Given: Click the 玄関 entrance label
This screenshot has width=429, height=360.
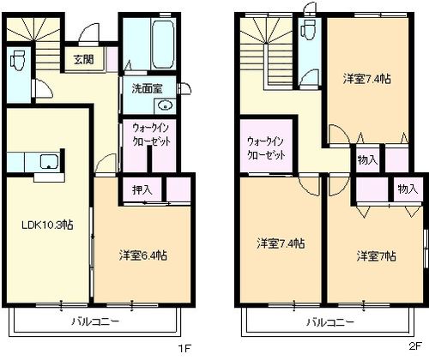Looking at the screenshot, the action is (x=83, y=60).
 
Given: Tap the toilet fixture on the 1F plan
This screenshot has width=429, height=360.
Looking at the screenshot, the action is (x=18, y=60).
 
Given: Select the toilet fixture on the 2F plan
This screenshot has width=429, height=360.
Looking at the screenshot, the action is (x=308, y=29).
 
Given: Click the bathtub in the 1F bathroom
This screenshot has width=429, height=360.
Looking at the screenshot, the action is (x=162, y=44).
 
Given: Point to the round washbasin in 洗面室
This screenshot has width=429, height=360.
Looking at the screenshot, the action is (x=165, y=106).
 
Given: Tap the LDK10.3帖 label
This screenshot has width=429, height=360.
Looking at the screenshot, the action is (x=47, y=225).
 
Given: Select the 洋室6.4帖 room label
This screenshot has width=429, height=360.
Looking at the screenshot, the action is (x=143, y=255).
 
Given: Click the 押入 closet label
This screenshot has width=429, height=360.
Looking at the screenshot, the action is (x=142, y=189).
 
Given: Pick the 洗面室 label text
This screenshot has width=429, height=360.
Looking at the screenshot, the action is (x=147, y=88).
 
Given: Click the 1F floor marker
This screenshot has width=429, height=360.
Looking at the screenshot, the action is (x=184, y=348).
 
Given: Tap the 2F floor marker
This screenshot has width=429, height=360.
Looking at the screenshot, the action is (x=415, y=346).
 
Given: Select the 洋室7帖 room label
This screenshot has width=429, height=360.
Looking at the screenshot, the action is (x=377, y=256).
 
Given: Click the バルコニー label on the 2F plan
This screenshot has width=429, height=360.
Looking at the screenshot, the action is (x=330, y=322).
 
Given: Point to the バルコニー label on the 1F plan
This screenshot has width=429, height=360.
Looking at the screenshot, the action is (x=95, y=322).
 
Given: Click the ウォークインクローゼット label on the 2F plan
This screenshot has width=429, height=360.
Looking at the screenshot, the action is (x=266, y=148).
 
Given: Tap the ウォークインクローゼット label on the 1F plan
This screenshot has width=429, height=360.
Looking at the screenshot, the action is (x=152, y=135).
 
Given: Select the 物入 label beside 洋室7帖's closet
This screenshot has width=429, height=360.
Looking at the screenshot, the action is (x=408, y=189).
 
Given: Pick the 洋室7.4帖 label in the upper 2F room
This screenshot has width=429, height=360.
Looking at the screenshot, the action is (x=367, y=79).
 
